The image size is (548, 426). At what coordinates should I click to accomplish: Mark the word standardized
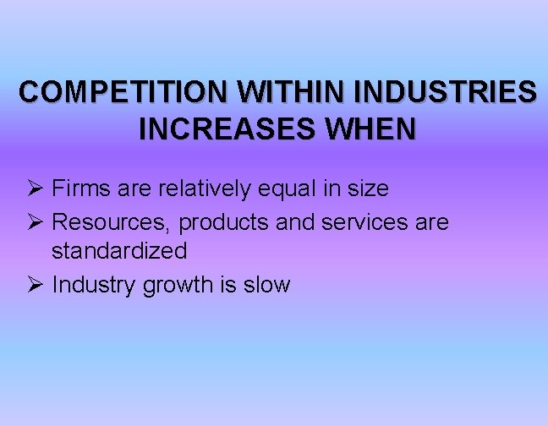[119, 251]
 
